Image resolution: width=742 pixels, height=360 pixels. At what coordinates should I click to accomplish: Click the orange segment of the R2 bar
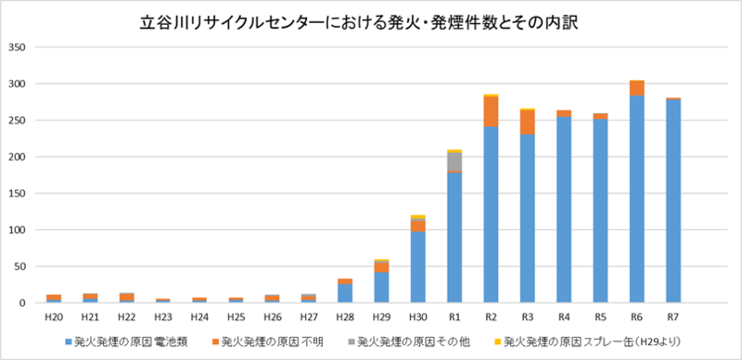(x=491, y=111)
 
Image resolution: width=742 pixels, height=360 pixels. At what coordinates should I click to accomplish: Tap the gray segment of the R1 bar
(x=454, y=161)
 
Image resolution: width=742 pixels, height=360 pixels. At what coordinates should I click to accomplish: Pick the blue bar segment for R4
(x=563, y=210)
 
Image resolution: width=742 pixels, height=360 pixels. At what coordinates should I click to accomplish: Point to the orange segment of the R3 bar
(x=527, y=122)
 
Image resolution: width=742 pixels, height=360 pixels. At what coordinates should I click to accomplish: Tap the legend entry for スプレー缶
(x=585, y=341)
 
